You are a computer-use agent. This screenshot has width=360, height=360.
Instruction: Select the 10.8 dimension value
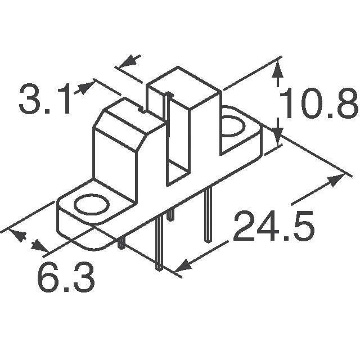(319, 106)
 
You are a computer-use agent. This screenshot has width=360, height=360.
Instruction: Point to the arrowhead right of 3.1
(86, 87)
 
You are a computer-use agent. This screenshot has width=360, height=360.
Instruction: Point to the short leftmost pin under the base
(121, 242)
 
